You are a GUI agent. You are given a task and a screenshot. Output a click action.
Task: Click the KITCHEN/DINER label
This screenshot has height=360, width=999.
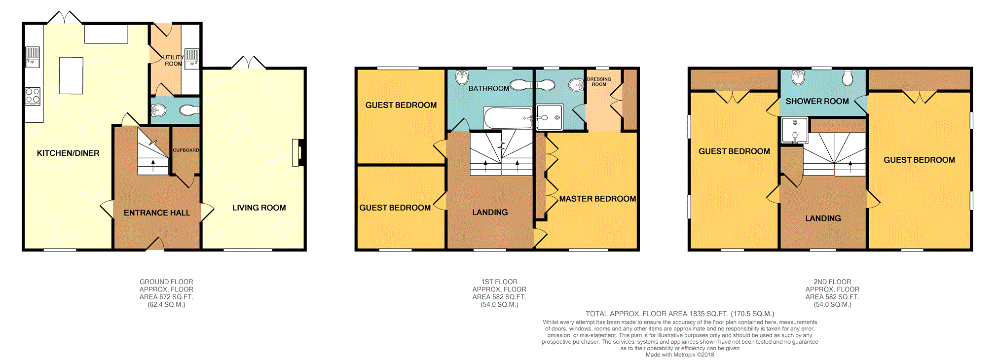point(68,153)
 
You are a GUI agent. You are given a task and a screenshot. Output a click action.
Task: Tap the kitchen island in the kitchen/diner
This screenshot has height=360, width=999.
point(71,75)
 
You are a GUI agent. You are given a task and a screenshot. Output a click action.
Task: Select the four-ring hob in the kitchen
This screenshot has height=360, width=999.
point(33,96)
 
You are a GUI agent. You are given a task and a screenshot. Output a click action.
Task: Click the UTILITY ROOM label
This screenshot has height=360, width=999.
point(173,61)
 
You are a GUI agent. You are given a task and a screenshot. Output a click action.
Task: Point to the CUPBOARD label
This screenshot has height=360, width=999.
point(186,150)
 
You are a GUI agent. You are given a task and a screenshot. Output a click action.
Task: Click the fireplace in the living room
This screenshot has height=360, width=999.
point(297,153)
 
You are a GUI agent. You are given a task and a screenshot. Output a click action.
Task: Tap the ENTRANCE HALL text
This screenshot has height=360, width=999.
point(157,213)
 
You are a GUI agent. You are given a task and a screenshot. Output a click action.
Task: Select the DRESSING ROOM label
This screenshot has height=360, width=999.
point(599,81)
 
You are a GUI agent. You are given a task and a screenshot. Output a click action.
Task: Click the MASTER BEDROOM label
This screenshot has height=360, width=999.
point(597,199)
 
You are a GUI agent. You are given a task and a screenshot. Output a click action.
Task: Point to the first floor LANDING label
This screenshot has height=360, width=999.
point(490,213)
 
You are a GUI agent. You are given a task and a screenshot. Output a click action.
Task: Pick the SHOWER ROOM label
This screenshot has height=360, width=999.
point(817,101)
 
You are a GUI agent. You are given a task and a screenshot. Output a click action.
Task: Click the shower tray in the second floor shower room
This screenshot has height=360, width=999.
point(795,130)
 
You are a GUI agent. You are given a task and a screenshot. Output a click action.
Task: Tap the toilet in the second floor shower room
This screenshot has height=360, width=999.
point(848,77)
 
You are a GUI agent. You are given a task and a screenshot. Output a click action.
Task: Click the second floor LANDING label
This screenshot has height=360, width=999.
point(823,218)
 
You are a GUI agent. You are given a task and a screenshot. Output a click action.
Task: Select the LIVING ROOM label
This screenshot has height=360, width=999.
point(259,208)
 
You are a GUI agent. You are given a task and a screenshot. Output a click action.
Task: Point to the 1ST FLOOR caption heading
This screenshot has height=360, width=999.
point(499,282)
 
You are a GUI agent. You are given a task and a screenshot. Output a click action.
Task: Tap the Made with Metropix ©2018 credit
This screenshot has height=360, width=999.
point(680,355)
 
